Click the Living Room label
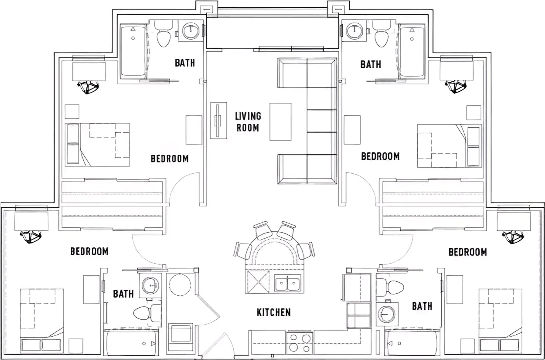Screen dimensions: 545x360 248,122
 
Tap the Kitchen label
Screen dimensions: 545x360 274,312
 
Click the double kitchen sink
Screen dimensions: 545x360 288,283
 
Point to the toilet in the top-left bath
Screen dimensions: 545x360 163,34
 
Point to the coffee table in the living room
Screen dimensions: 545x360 280,122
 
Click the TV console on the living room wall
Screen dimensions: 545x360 218,120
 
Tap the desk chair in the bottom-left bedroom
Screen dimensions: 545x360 30,237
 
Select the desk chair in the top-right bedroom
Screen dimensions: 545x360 456,87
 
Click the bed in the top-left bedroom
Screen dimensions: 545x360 97,145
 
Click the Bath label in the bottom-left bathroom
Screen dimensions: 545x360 123,294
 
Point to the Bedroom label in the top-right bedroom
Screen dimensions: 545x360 380,156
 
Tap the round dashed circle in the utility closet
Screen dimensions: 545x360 180,285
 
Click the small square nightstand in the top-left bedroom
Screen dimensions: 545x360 72,112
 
